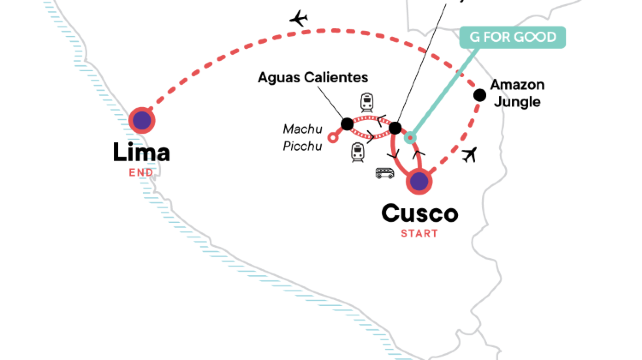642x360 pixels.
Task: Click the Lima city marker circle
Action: click(x=143, y=120)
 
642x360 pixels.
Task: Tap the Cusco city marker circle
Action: click(x=419, y=182)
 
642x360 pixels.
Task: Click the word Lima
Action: click(x=142, y=153)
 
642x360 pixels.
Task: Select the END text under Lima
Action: click(x=142, y=173)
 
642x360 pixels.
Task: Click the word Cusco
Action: click(x=420, y=214)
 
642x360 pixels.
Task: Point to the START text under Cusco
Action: click(x=421, y=234)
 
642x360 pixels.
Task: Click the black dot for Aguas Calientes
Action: click(x=347, y=124)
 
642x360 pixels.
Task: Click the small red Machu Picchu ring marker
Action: click(x=333, y=140)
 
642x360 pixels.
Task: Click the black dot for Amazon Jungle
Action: click(x=480, y=95)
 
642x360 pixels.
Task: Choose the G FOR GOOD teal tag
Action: click(x=513, y=38)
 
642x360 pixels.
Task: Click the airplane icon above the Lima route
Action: click(x=297, y=18)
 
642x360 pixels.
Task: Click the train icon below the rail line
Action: click(x=357, y=152)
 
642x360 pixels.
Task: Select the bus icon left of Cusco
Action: click(x=385, y=172)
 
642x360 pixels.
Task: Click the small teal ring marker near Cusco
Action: click(x=407, y=139)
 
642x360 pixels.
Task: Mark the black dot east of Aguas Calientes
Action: click(x=395, y=128)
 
